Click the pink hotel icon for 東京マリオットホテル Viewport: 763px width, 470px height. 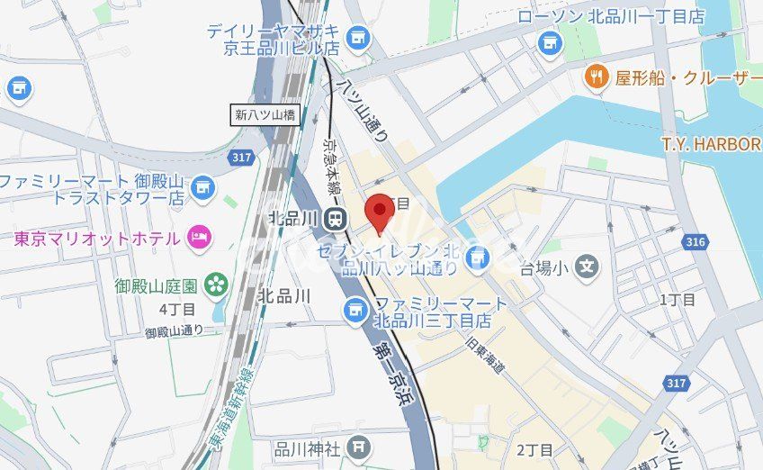(198, 238)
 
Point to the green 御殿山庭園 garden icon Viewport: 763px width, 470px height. (217, 285)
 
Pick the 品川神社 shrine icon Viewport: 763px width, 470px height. (359, 447)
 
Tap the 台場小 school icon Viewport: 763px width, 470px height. (588, 267)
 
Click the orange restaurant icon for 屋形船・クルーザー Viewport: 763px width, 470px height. (597, 77)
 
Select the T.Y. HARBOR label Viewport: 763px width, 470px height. (711, 144)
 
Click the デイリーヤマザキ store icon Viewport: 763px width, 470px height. (358, 37)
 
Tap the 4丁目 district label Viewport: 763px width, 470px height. (175, 310)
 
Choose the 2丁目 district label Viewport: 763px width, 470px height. (534, 448)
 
